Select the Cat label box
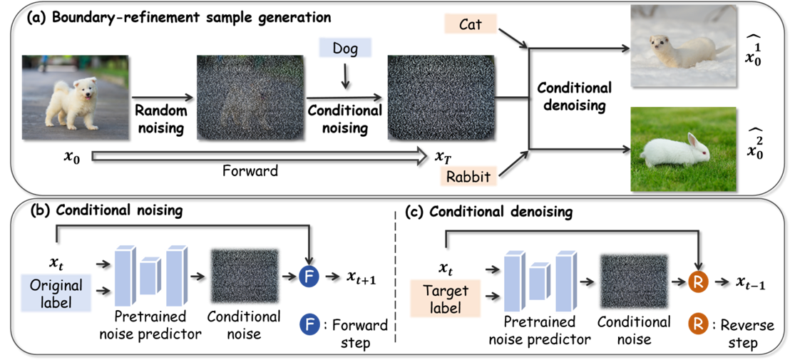(471, 24)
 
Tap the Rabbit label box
(469, 176)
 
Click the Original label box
(56, 294)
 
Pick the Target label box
(446, 299)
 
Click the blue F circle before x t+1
(309, 279)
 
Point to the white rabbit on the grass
(674, 152)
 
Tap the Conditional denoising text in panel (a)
(574, 96)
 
